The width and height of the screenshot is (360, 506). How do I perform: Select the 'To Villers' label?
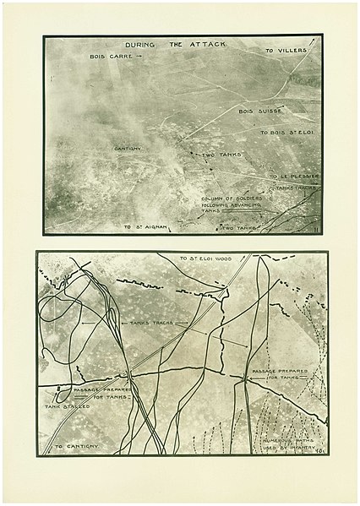(x=286, y=50)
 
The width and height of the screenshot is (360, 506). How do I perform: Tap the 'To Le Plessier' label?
(x=292, y=176)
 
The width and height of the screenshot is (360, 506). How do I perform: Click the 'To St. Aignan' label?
(x=141, y=226)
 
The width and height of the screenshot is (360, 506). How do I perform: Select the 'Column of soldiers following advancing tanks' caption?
(x=231, y=204)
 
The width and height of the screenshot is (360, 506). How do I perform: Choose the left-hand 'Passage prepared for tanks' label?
(x=97, y=391)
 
